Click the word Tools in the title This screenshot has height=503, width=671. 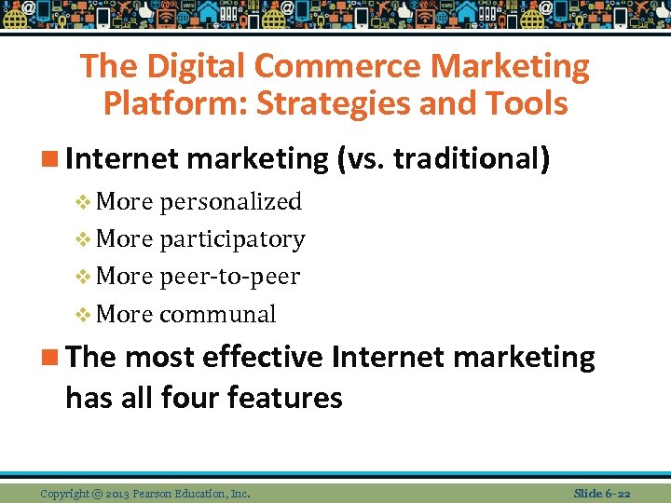(525, 103)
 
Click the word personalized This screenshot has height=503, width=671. (230, 202)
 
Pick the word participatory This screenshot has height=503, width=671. (232, 239)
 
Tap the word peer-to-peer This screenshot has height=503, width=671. (229, 277)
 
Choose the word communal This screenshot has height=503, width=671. (217, 314)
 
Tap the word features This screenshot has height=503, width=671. (288, 398)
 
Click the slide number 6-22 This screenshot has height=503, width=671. (618, 492)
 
